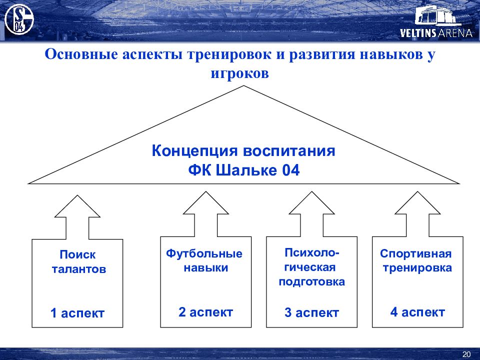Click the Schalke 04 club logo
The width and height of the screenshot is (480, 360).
pos(19,20)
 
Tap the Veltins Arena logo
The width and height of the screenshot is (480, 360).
pos(436,22)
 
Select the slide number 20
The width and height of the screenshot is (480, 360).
pos(466,354)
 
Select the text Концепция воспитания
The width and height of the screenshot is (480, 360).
pos(243,151)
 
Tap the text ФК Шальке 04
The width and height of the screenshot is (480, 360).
pos(243,170)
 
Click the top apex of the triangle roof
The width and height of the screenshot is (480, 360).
pos(244,86)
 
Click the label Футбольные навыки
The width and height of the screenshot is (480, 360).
pos(205,260)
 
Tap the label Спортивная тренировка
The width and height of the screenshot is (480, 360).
pos(417,260)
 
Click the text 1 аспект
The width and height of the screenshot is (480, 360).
pos(77,313)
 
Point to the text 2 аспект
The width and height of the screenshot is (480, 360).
pos(205,312)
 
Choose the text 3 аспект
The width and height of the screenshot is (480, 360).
pos(311,313)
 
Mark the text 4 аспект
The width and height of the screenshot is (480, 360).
pos(417,312)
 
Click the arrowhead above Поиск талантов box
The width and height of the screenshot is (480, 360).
pos(77,207)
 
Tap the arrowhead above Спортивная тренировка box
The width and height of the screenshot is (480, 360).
pos(417,205)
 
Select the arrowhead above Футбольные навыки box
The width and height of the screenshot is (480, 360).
pos(205,205)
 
